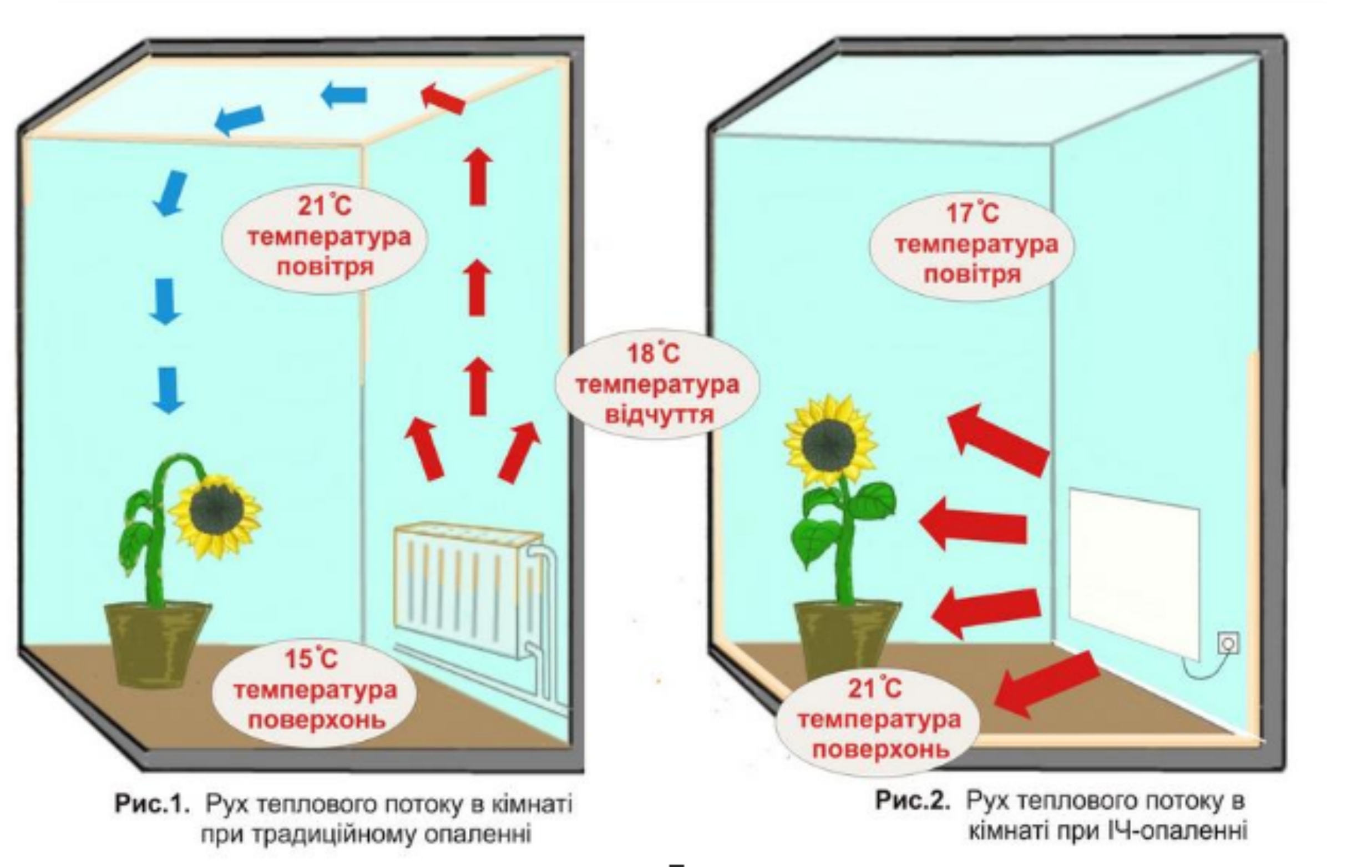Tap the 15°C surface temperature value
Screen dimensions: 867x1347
coord(311,659)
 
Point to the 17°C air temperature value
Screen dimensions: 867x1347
coord(972,214)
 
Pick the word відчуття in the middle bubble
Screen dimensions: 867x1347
coord(659,415)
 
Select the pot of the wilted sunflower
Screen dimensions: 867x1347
coord(158,642)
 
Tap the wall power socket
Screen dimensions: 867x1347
coord(1228,642)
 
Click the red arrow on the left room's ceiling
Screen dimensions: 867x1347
coord(443,99)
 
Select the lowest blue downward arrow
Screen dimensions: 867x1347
coord(168,390)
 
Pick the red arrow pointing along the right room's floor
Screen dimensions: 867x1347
coord(1047,685)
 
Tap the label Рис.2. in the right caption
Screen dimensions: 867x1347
coord(913,801)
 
